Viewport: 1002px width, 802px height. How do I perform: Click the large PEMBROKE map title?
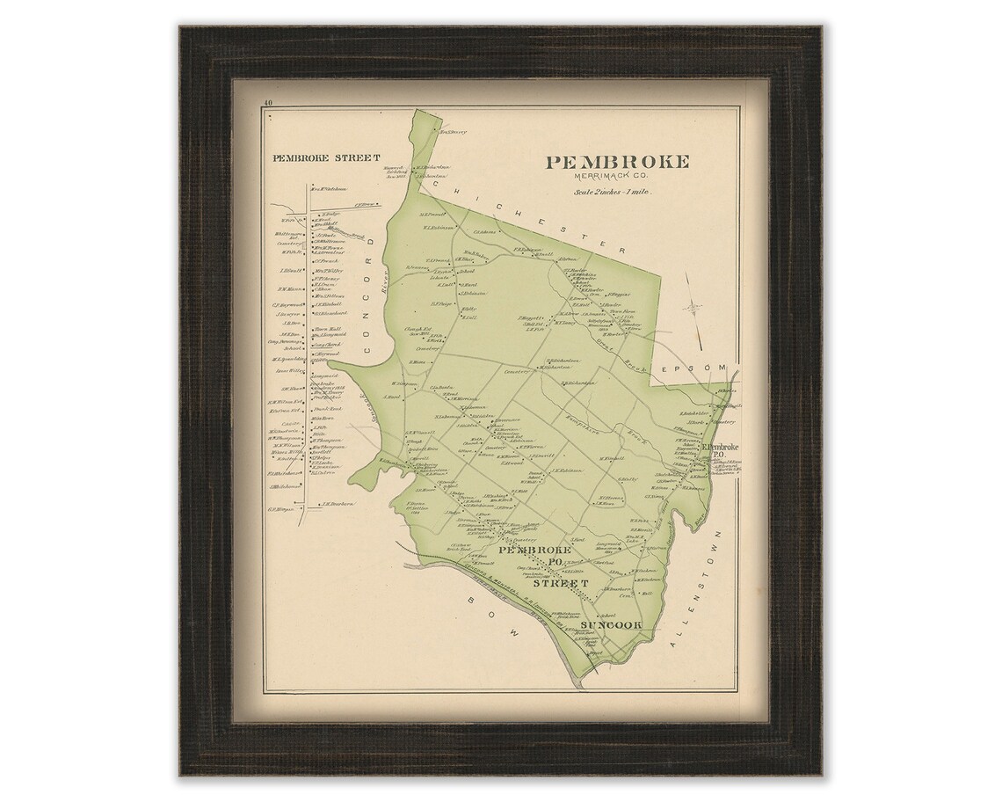click(618, 162)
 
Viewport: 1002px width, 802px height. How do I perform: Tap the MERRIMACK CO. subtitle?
click(618, 177)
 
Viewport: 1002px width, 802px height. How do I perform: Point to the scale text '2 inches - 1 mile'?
click(618, 191)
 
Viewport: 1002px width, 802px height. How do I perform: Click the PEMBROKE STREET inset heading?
click(326, 158)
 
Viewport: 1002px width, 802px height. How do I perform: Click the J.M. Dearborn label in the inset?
click(338, 504)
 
